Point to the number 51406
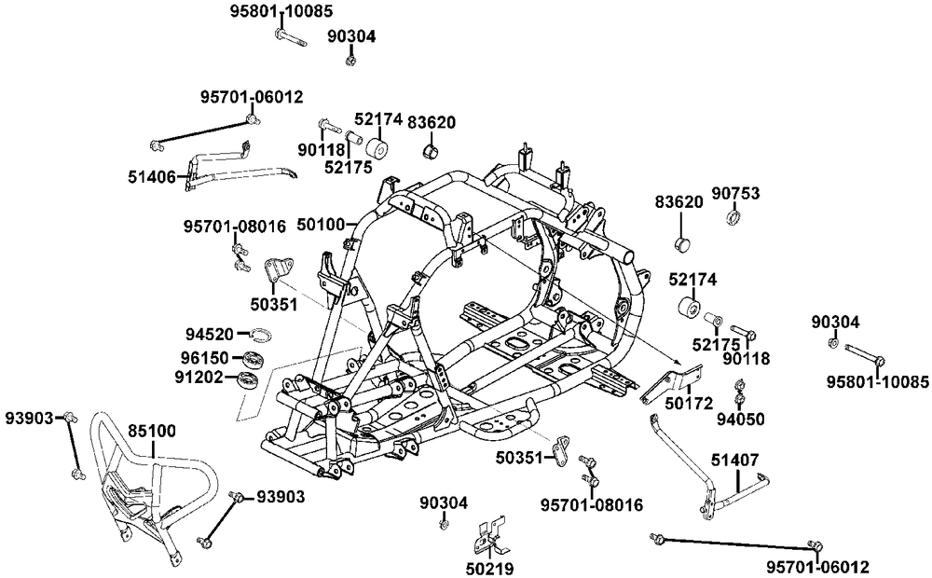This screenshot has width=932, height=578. tap(153, 174)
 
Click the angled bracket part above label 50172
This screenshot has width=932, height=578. tap(671, 383)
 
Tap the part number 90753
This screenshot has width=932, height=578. tap(735, 194)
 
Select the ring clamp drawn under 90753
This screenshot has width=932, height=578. tap(734, 219)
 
